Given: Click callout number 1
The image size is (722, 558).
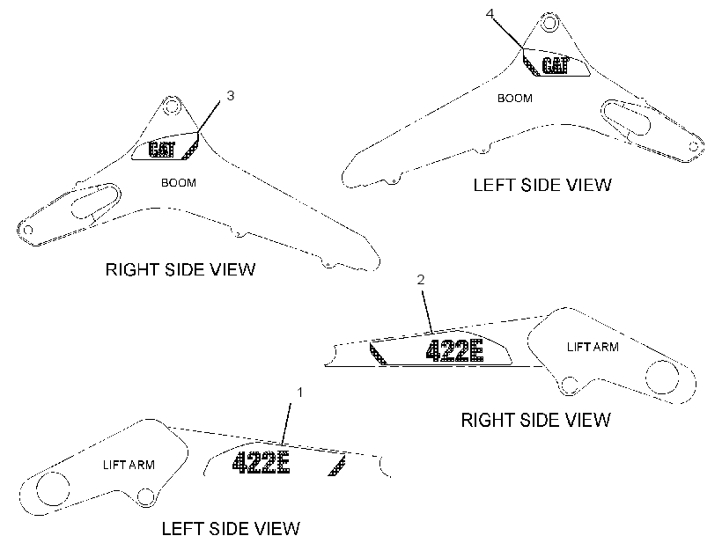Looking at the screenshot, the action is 299,393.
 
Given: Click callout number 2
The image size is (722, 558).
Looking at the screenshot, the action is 420,280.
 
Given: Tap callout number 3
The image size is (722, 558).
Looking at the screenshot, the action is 230,95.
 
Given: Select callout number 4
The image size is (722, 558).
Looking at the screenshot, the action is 490,13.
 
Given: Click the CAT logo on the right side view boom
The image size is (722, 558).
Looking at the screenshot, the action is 162,149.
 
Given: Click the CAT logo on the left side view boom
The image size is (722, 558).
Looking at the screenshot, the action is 556,65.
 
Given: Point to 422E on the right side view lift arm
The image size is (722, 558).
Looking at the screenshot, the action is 454,351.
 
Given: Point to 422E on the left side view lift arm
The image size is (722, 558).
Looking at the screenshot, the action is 262,462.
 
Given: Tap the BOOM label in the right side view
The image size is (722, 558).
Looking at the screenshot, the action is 179,183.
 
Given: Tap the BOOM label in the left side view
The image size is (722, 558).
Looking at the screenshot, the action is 515,98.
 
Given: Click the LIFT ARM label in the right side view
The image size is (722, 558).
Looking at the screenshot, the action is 593,347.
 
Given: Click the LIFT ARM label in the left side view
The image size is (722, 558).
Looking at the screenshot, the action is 129,465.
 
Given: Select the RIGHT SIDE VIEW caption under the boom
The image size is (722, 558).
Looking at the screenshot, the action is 180,269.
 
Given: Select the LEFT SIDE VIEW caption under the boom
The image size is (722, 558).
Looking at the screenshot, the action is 542,185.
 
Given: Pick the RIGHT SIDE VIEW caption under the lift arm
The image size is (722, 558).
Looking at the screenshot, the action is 536,420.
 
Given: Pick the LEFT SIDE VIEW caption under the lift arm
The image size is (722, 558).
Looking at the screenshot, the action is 231,529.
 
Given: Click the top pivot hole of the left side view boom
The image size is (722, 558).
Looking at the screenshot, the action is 549,23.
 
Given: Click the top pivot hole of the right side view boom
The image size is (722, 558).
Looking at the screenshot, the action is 172,106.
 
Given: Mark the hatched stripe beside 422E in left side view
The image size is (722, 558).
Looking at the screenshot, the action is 337,466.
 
